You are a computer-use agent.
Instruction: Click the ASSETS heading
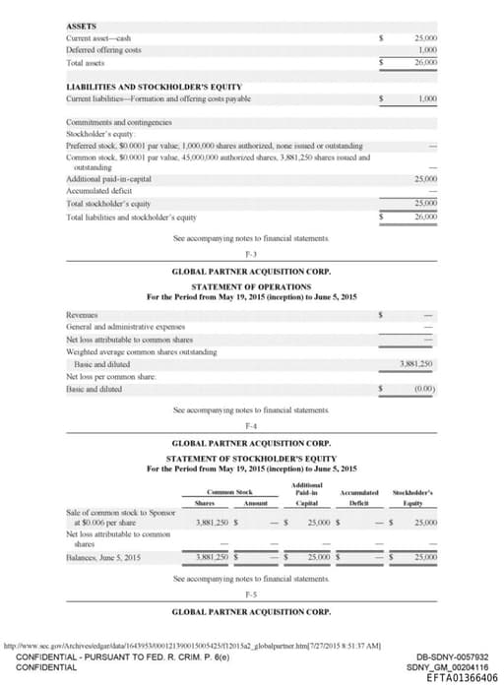[82, 26]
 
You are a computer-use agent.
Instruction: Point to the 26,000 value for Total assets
[425, 60]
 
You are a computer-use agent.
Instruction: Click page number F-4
[250, 424]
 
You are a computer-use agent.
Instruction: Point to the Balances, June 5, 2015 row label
[109, 556]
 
